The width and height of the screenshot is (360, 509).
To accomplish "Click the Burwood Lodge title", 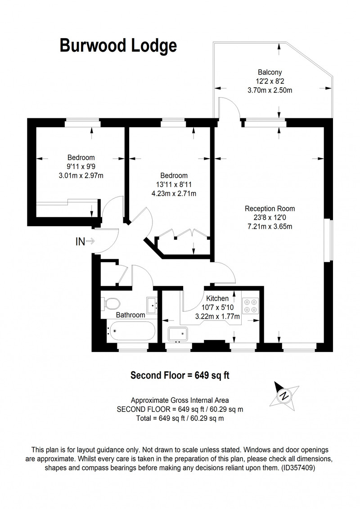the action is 118,46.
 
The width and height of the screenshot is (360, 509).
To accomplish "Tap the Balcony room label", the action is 270,72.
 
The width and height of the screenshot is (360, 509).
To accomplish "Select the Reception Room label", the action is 270,208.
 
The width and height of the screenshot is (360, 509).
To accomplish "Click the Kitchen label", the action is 217,298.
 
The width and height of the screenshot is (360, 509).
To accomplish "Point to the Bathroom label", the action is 130,315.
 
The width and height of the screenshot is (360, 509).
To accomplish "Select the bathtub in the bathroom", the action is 131,331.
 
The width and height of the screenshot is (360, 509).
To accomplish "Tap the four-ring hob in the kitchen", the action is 251,306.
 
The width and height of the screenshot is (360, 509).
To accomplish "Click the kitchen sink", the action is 178,334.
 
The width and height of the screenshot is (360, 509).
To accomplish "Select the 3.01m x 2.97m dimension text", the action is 81,176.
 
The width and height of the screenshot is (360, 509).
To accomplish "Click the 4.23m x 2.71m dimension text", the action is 174,194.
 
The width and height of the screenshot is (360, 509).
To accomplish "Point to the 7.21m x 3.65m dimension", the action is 270,226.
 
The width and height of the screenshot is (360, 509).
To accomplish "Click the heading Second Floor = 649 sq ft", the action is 180,375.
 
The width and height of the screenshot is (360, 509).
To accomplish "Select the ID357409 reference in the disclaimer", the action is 297,468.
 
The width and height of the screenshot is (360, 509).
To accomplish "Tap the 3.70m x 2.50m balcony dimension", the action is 270,90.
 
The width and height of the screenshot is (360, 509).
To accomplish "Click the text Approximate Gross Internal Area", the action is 180,400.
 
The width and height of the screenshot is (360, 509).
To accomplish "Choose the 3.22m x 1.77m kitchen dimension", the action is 217,316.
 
